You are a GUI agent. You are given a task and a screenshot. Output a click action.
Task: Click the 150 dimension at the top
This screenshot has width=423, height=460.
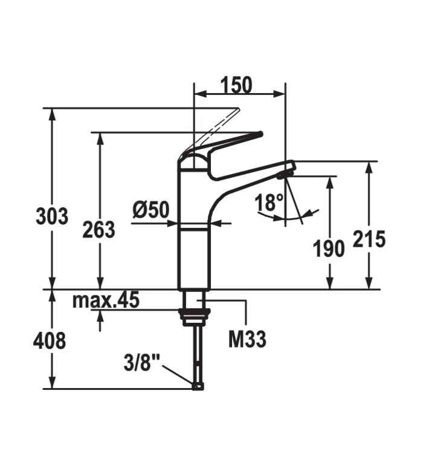pyautogui.click(x=236, y=85)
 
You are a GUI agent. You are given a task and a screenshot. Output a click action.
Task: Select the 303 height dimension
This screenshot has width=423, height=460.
pyautogui.click(x=52, y=216)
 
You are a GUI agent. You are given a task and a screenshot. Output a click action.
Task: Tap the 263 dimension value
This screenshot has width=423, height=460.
pyautogui.click(x=98, y=230)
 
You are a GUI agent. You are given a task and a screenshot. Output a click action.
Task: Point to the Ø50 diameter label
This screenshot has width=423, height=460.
pyautogui.click(x=151, y=210)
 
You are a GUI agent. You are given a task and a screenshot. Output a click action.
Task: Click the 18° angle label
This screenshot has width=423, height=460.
pyautogui.click(x=269, y=202)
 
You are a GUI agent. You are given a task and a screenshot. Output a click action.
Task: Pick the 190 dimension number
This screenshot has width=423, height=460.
pyautogui.click(x=329, y=248)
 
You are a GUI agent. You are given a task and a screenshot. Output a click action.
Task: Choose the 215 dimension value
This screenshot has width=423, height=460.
pyautogui.click(x=369, y=239)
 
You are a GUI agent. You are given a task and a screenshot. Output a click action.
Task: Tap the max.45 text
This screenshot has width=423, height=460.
pyautogui.click(x=106, y=300)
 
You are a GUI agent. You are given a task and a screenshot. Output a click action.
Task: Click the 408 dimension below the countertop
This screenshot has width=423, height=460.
pyautogui.click(x=50, y=341)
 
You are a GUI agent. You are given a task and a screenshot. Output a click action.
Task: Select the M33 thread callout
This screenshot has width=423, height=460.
pyautogui.click(x=247, y=339)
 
